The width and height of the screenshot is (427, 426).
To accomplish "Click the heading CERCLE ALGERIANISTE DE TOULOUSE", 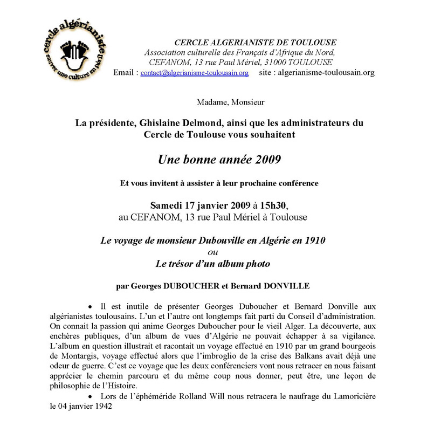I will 256,43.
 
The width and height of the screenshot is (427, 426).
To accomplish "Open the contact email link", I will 195,72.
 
